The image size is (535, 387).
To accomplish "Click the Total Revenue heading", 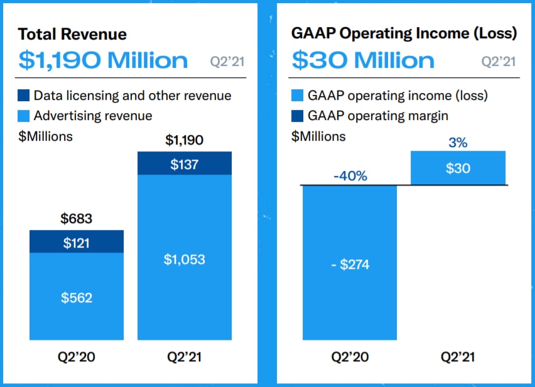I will coord(72,34).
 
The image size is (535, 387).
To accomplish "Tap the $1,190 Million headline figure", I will coord(103,60).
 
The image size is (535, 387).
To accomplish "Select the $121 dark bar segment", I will coord(77,242).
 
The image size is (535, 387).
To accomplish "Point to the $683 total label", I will coord(77,219).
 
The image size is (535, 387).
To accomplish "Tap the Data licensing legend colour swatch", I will coord(24,96).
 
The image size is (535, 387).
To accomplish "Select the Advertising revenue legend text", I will coord(93,116).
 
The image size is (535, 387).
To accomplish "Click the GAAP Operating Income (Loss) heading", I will coord(404,34).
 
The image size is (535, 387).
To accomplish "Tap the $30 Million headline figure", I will coord(363,60).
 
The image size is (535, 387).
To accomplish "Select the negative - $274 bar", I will coord(350,264).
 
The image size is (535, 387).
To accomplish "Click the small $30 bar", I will coord(458,168).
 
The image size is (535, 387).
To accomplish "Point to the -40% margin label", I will coord(350,176).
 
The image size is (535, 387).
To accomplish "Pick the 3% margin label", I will coord(458,143).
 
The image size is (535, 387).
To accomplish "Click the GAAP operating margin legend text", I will coord(378,116).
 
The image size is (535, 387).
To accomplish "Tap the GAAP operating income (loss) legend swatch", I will coord(297,96).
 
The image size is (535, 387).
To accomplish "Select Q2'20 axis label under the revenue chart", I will coord(77,357).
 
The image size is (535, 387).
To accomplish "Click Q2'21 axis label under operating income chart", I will coord(458,357).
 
